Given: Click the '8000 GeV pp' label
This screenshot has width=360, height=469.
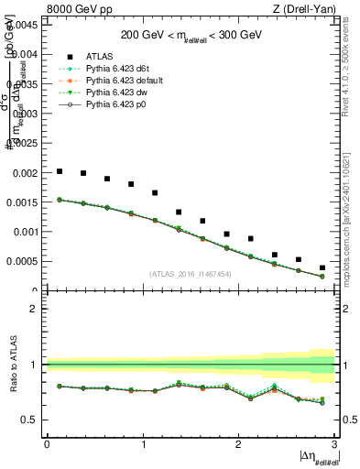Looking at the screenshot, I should tap(74, 9).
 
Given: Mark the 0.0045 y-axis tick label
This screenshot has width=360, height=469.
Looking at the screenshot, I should tap(24, 25).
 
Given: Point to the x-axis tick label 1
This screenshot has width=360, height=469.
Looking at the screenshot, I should tap(143, 444).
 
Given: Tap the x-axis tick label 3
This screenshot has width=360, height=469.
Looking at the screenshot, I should tap(335, 444).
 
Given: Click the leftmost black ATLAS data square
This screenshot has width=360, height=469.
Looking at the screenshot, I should tap(60, 171).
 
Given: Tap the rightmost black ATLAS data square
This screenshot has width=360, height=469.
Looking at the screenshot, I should tap(322, 267).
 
